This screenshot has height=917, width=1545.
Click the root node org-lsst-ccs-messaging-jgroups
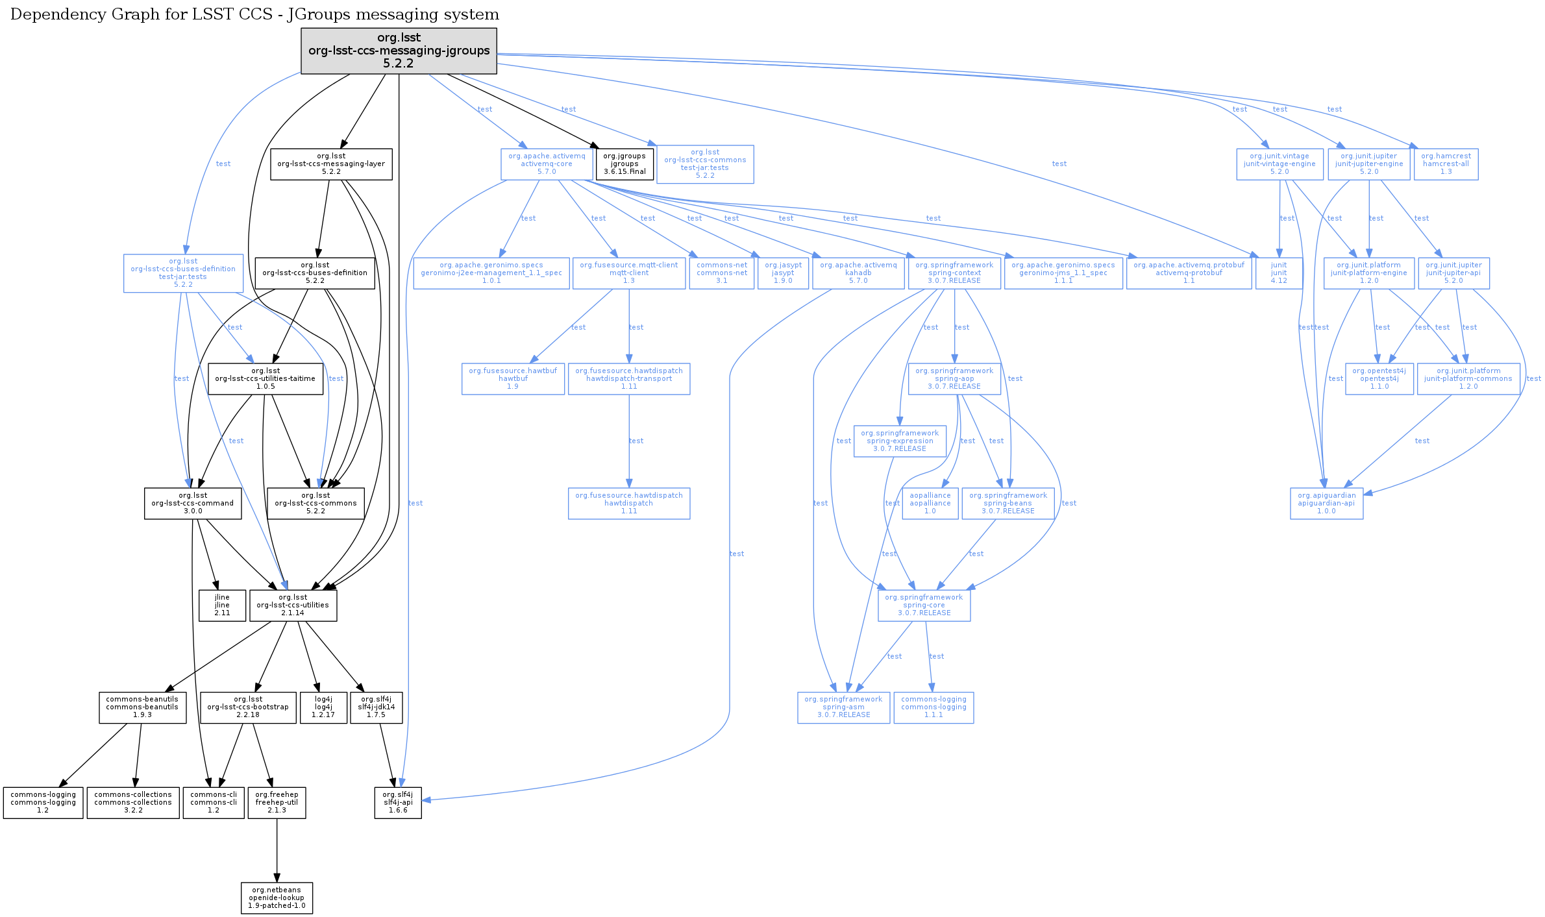click(399, 51)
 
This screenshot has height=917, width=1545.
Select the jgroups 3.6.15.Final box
click(624, 164)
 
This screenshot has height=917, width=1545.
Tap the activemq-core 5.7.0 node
click(547, 164)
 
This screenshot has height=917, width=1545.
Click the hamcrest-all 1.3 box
click(1446, 164)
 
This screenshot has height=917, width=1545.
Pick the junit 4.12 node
click(1278, 273)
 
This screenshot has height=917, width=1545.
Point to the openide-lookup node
click(277, 898)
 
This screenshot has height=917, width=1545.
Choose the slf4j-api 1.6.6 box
click(398, 803)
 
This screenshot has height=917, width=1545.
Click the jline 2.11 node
click(222, 605)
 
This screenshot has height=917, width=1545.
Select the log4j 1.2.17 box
click(323, 707)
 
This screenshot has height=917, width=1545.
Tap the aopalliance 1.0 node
click(930, 504)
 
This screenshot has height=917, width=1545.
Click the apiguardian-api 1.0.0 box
click(1326, 504)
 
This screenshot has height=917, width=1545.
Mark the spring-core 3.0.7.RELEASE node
click(924, 605)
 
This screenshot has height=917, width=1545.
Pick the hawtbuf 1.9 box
click(513, 379)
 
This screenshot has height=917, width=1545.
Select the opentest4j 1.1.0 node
click(1379, 379)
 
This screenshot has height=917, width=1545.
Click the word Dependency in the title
click(48, 14)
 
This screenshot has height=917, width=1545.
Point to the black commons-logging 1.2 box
click(43, 803)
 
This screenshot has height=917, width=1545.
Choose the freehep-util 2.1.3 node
click(277, 803)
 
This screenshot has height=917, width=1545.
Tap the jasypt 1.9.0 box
click(782, 273)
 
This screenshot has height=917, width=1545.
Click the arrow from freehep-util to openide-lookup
click(277, 850)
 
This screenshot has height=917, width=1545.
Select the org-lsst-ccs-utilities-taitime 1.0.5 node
click(265, 379)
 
